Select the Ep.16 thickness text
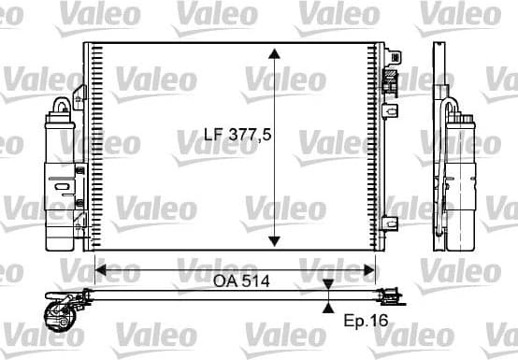click(365, 321)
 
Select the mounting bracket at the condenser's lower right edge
click(392, 223)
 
